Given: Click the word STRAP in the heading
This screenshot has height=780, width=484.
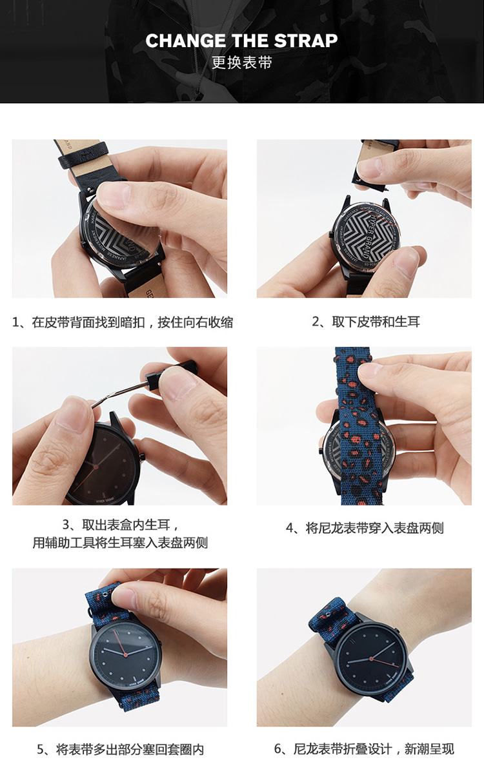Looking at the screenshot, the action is point(305,41).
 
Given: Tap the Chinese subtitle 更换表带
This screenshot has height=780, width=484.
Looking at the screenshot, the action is point(241,63).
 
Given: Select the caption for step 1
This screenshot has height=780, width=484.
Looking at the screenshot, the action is point(123,322).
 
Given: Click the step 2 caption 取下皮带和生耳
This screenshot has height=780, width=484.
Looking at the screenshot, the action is point(366,322).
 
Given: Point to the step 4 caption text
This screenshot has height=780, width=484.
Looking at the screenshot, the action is point(365,528).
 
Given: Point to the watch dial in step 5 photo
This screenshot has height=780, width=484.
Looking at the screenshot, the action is point(125,654).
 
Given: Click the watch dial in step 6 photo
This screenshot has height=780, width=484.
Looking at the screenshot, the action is point(371,658).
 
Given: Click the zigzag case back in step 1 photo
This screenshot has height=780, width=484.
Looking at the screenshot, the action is point(120,237).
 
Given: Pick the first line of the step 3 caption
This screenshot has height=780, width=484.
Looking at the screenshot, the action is point(120,525).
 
